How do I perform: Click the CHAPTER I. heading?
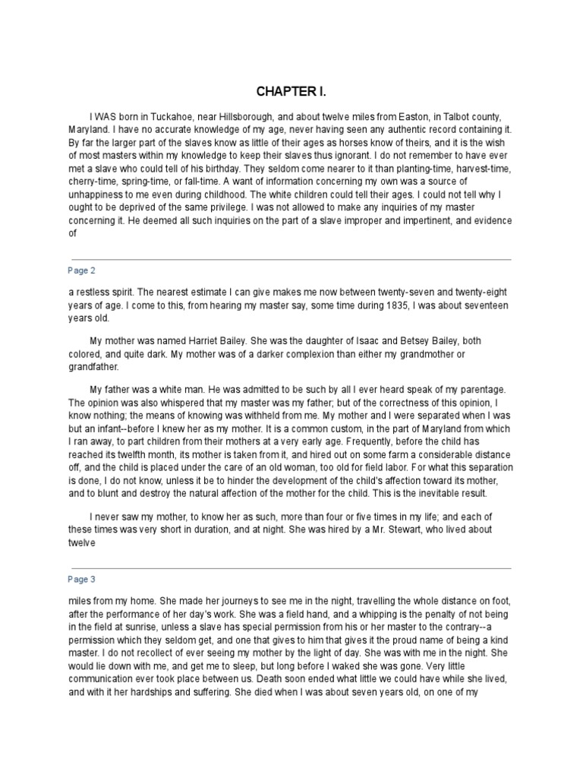291,91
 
